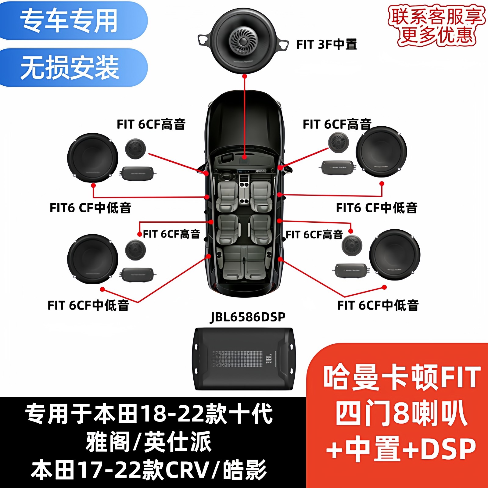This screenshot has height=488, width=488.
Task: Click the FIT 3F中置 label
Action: pyautogui.click(x=326, y=45)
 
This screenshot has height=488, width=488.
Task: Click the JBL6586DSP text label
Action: pyautogui.click(x=248, y=317)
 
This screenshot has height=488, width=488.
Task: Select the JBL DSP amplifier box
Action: pyautogui.click(x=244, y=359)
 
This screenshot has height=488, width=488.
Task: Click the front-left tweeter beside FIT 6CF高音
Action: pyautogui.click(x=135, y=149)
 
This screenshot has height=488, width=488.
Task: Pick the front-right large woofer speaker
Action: pyautogui.click(x=381, y=152)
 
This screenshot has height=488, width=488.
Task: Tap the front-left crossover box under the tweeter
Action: pyautogui.click(x=138, y=174)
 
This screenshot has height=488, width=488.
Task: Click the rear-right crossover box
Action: pyautogui.click(x=351, y=271)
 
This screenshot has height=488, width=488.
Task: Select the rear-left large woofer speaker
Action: pyautogui.click(x=93, y=259)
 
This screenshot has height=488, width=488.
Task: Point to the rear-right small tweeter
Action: pyautogui.click(x=352, y=246)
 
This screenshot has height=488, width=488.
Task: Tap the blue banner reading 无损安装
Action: pyautogui.click(x=70, y=67)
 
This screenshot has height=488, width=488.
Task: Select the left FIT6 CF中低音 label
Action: pyautogui.click(x=90, y=208)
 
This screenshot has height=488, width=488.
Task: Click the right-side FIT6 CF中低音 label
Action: pyautogui.click(x=376, y=208)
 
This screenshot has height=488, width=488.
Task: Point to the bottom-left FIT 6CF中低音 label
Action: pyautogui.click(x=88, y=305)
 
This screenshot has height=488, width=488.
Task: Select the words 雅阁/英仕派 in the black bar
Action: pyautogui.click(x=149, y=442)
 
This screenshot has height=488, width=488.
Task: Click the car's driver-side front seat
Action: pyautogui.click(x=227, y=195)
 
